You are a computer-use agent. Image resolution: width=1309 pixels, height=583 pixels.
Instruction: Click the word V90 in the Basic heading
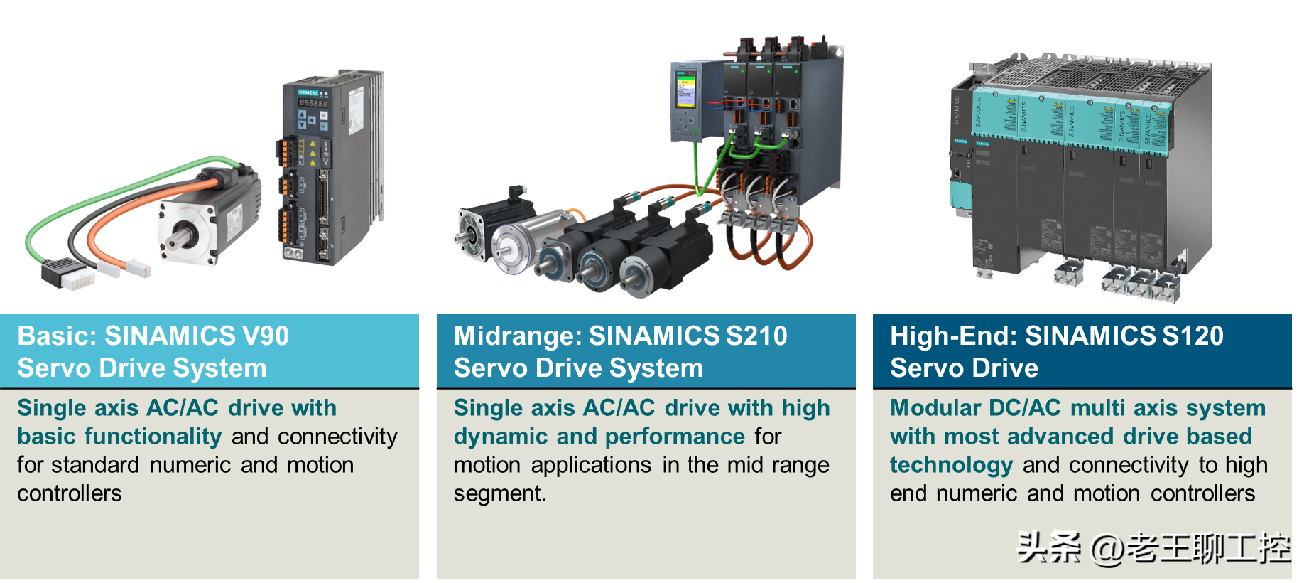coord(265,336)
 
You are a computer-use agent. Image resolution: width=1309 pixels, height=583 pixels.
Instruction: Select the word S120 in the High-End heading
coord(1193,336)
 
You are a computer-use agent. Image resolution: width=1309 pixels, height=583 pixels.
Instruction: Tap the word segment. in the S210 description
coord(500,493)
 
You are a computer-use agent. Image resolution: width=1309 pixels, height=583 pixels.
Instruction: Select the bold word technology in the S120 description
coord(951,465)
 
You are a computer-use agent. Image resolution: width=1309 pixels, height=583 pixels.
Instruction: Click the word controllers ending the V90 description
coord(70,493)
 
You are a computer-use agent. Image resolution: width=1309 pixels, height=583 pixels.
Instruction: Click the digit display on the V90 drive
coord(313,103)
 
